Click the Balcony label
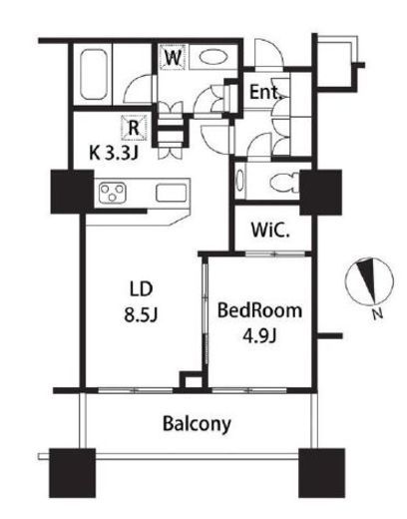pos(197,424)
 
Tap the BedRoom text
pos(259,310)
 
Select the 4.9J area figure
pos(259,336)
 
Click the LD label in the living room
pos(142,288)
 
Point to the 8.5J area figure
pos(141,314)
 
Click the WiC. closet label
pos(270,230)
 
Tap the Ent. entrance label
pos(265,92)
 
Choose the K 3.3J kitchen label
pos(114,154)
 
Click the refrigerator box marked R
pos(134,128)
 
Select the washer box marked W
pos(173,57)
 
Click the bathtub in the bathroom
pos(94,75)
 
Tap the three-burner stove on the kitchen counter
pos(113,193)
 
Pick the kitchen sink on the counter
pos(171,193)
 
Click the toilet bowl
pos(285,183)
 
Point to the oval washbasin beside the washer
pos(213,57)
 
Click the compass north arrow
pos(368,281)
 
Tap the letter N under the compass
pos(377,314)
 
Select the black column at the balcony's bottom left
pos(73,473)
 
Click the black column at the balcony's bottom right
pos(321,473)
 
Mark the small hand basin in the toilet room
pos(239,180)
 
